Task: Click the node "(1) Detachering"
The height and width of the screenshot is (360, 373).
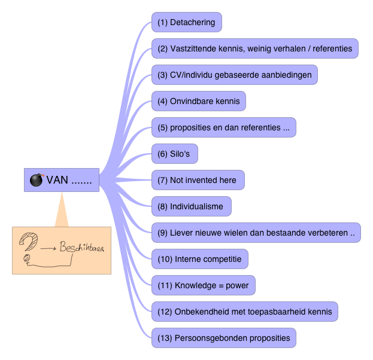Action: [186, 22]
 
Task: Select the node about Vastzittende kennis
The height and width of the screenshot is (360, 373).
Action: [254, 48]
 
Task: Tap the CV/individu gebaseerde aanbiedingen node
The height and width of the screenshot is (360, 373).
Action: [234, 75]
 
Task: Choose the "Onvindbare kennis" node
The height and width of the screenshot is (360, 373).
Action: [198, 101]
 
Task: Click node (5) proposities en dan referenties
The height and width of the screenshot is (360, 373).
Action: [223, 127]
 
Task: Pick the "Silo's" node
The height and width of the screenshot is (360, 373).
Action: [174, 154]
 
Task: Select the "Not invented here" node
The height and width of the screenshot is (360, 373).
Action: [197, 180]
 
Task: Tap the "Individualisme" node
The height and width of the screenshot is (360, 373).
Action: [190, 206]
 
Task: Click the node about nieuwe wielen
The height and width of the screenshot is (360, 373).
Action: [256, 233]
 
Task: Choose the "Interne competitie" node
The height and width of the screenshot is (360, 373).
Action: [199, 259]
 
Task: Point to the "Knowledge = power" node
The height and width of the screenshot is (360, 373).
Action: [203, 285]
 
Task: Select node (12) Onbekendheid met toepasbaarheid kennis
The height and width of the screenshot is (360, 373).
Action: [244, 312]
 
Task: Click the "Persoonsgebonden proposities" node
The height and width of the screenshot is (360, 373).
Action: [223, 338]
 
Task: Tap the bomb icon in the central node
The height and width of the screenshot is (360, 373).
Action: [37, 180]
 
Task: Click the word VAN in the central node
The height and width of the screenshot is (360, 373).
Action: [57, 180]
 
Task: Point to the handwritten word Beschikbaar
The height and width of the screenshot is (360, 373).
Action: [82, 246]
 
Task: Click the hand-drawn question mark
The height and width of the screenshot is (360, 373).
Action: [29, 242]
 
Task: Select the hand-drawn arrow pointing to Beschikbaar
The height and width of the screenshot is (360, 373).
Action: [49, 247]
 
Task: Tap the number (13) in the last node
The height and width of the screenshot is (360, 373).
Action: [164, 338]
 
